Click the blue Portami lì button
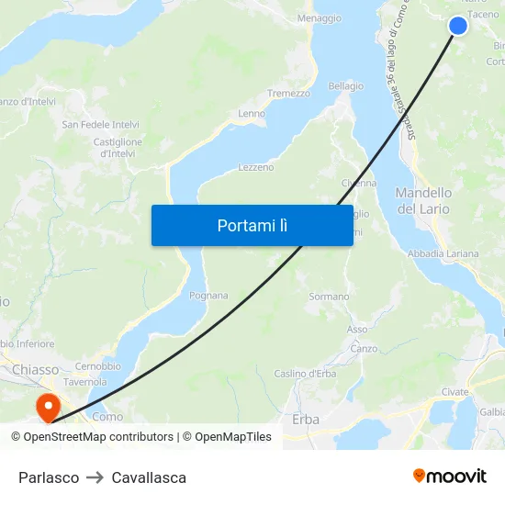pos(252,225)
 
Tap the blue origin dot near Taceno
pos(457,26)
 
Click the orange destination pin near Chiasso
pos(46,404)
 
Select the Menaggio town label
pos(320,18)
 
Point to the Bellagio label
pos(346,86)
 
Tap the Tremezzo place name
pos(287,94)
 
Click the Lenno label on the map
pos(252,114)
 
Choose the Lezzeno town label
pos(256,168)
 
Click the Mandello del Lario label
pos(423,201)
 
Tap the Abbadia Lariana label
pos(443,253)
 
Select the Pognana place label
pos(208,296)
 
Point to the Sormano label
pos(329,297)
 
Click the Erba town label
pos(306,420)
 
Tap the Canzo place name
pos(364,349)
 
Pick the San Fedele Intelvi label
pos(100,124)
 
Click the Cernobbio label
pos(97,366)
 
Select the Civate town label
pos(454,392)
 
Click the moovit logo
pos(450,477)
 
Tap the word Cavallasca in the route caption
pos(149,477)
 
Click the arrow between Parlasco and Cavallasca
pos(95,477)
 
